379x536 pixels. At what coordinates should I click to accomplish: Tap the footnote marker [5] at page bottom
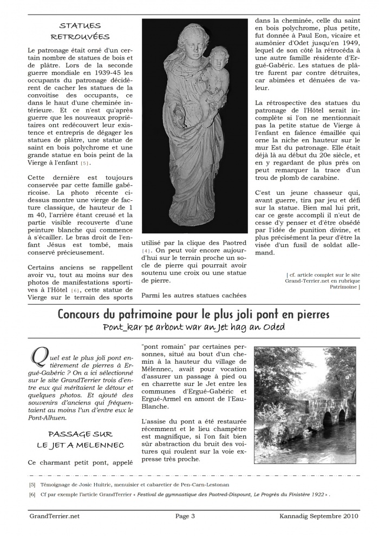tap(32, 485)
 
